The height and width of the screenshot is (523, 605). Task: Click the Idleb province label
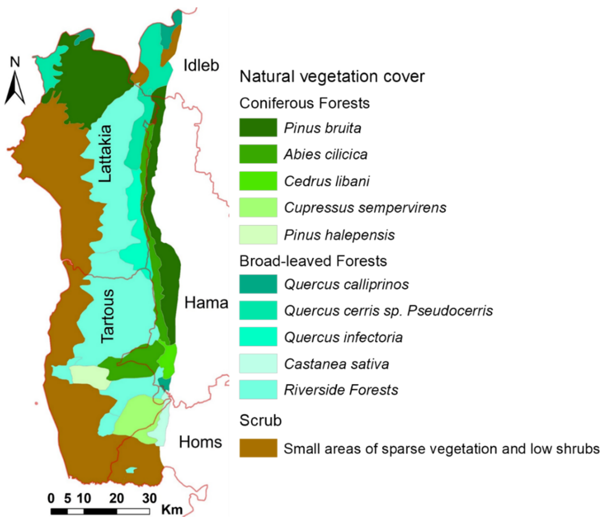(x=201, y=65)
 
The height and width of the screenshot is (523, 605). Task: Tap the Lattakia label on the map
(x=105, y=153)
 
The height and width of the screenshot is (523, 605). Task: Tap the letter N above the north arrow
(x=15, y=62)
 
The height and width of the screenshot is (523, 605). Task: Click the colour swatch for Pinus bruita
(x=258, y=127)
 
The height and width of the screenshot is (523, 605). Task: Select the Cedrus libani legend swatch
(x=258, y=181)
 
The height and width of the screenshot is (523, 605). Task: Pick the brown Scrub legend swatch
(x=258, y=448)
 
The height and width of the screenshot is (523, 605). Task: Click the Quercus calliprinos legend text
(x=346, y=284)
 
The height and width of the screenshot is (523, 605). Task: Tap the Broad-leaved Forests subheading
(x=313, y=261)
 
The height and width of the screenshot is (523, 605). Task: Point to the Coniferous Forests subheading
(x=305, y=103)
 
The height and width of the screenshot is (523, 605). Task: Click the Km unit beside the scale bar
(x=172, y=510)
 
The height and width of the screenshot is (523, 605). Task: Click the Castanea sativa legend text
(x=336, y=364)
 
